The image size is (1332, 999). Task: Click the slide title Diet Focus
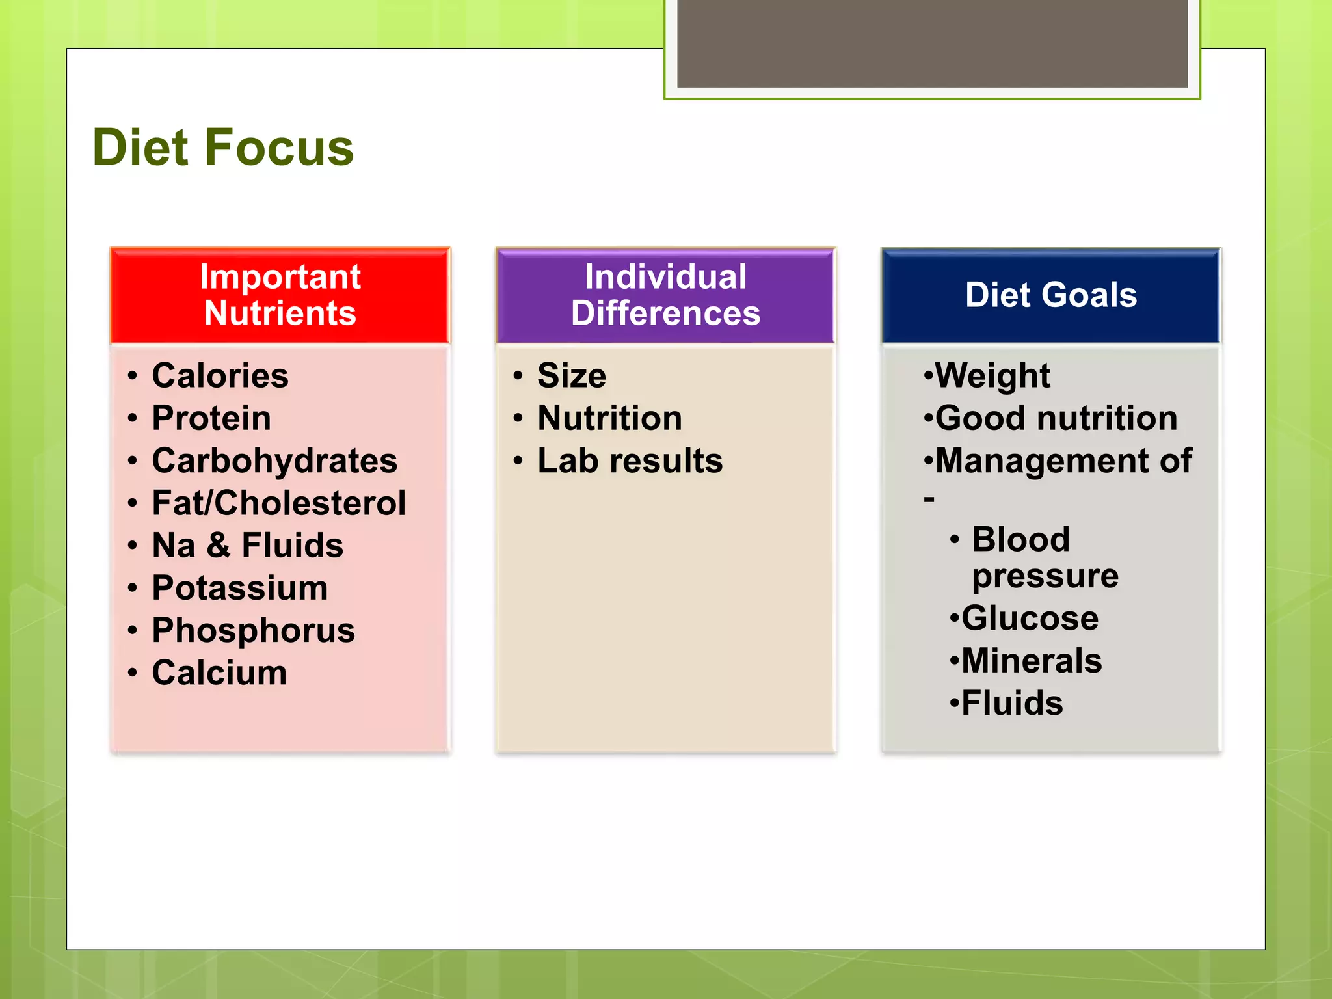pyautogui.click(x=223, y=148)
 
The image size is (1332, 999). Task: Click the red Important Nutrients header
pyautogui.click(x=280, y=295)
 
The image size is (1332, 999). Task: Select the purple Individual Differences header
pyautogui.click(x=665, y=295)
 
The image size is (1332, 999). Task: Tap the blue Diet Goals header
pyautogui.click(x=1050, y=295)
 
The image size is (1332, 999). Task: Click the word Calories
pyautogui.click(x=220, y=376)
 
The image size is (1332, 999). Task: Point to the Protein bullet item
pyautogui.click(x=211, y=418)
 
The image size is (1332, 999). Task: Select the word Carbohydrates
pyautogui.click(x=274, y=461)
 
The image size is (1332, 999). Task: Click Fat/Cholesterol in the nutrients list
pyautogui.click(x=278, y=503)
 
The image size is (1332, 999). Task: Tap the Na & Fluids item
pyautogui.click(x=247, y=546)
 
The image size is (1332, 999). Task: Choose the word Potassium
pyautogui.click(x=239, y=588)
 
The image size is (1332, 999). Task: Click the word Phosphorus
pyautogui.click(x=253, y=631)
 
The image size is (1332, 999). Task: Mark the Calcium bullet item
pyautogui.click(x=219, y=673)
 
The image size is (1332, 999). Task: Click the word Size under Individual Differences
pyautogui.click(x=571, y=376)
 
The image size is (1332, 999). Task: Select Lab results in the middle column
pyautogui.click(x=630, y=461)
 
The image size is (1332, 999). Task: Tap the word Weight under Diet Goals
pyautogui.click(x=992, y=376)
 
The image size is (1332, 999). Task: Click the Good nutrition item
pyautogui.click(x=1056, y=418)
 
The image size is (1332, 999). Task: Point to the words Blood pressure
pyautogui.click(x=1044, y=558)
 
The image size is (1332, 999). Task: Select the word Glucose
pyautogui.click(x=1030, y=619)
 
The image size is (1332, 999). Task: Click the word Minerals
pyautogui.click(x=1032, y=661)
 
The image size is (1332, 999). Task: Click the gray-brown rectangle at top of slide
pyautogui.click(x=932, y=43)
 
